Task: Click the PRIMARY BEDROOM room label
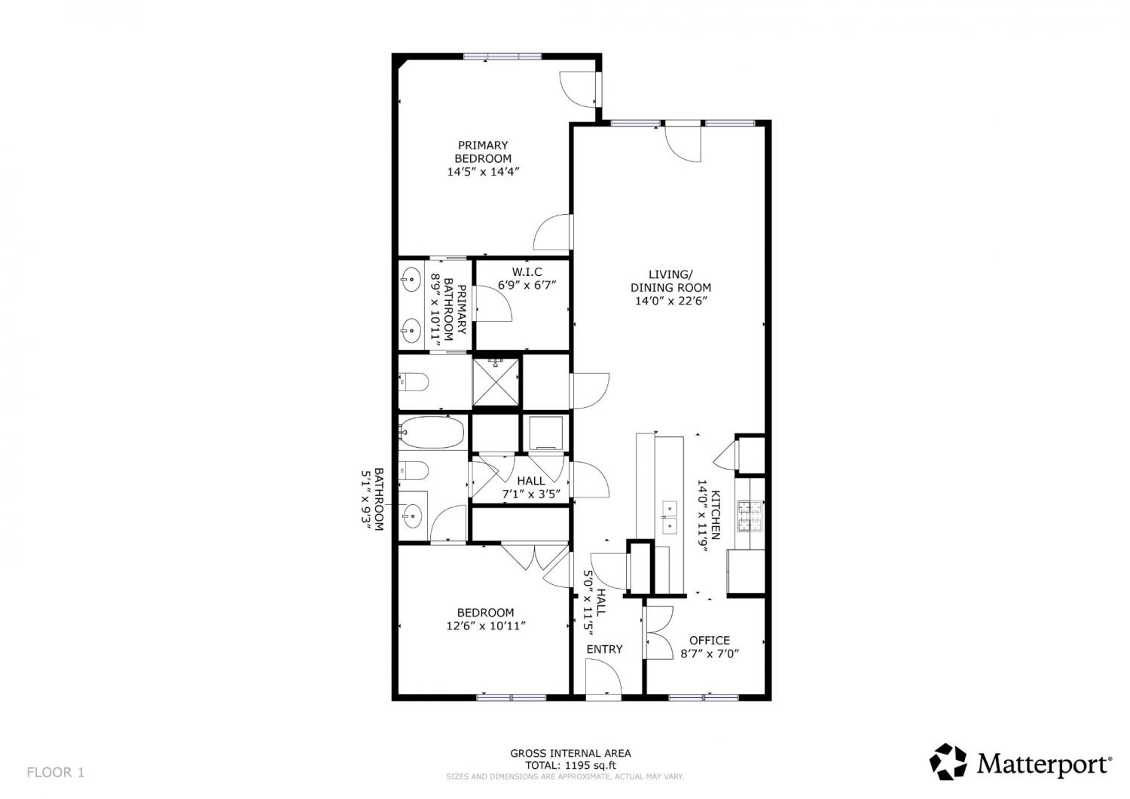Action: (x=484, y=152)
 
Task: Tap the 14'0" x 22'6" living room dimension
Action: (x=670, y=301)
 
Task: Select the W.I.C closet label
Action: (x=527, y=272)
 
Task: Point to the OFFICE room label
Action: (x=710, y=641)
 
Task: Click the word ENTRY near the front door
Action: (x=604, y=649)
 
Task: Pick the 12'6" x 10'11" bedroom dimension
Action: (x=486, y=626)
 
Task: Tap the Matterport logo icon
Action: (x=948, y=761)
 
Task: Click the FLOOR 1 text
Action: (x=56, y=773)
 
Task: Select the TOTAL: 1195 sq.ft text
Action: (x=570, y=765)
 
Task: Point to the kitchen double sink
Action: (x=670, y=517)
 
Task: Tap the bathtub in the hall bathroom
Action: (x=432, y=433)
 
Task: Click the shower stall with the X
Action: (x=496, y=381)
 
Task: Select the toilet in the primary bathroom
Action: (x=413, y=381)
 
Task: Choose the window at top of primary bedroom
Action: (x=502, y=57)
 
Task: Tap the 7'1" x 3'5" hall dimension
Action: (x=531, y=494)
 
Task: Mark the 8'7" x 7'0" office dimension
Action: (x=710, y=654)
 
